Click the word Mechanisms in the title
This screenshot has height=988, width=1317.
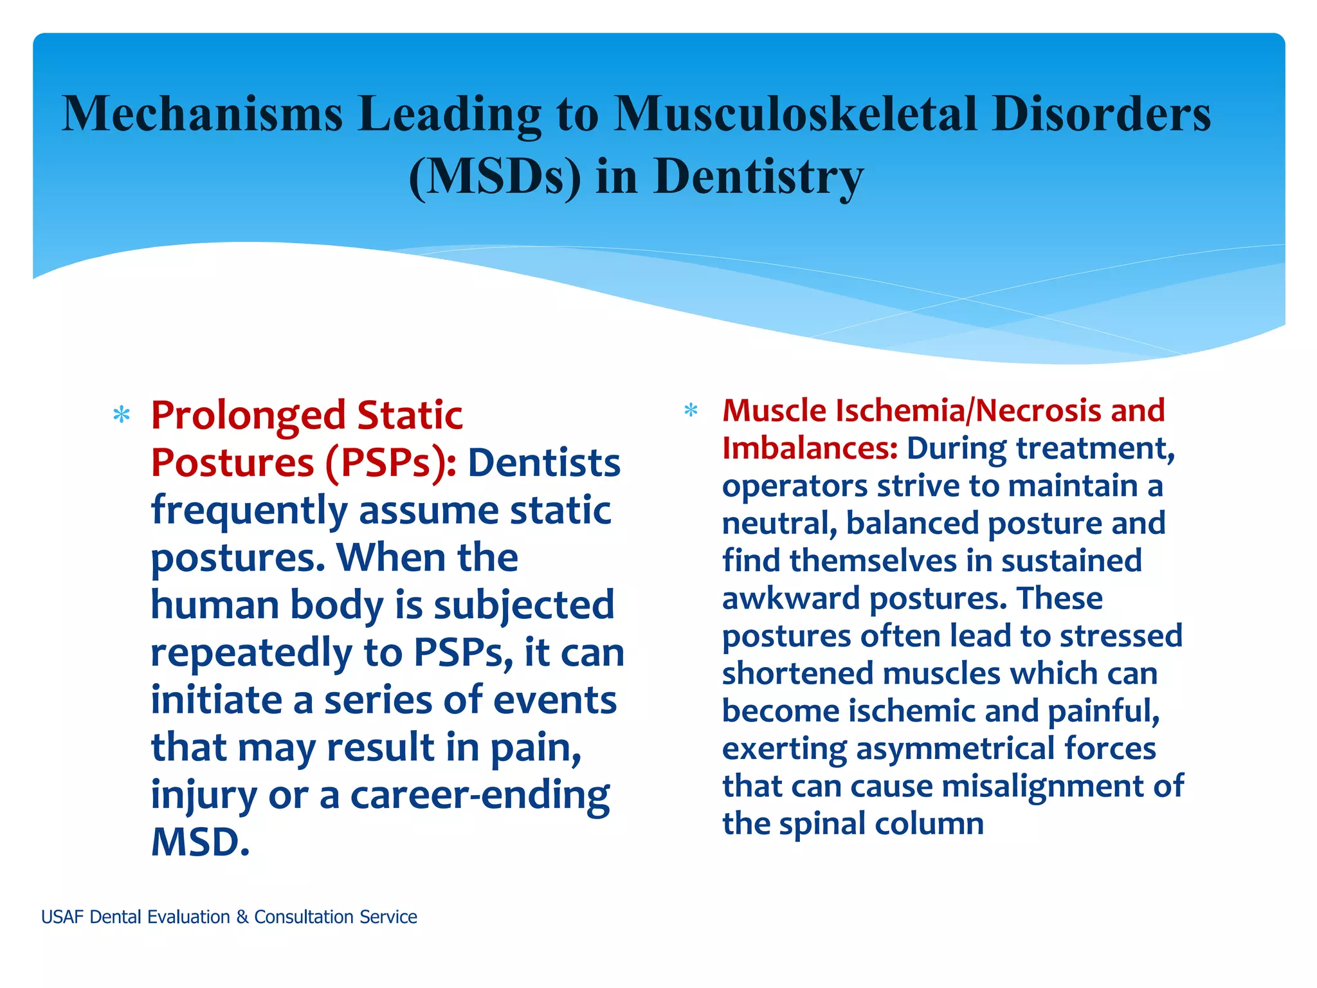[202, 114]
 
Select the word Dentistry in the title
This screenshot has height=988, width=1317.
[758, 177]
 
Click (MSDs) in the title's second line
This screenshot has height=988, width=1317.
[495, 177]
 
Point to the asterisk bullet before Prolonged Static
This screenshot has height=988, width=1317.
[121, 416]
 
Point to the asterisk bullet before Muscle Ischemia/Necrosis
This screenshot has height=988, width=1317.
[691, 410]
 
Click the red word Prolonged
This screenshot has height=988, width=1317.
[248, 416]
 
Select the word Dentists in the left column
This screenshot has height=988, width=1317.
[543, 463]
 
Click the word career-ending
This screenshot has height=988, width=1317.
[480, 796]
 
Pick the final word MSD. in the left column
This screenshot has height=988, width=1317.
[200, 842]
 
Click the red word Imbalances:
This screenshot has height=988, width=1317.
[810, 448]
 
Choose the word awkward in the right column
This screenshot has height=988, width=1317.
[790, 598]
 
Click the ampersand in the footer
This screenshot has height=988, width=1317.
[242, 917]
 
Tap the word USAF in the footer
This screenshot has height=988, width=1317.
[62, 917]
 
